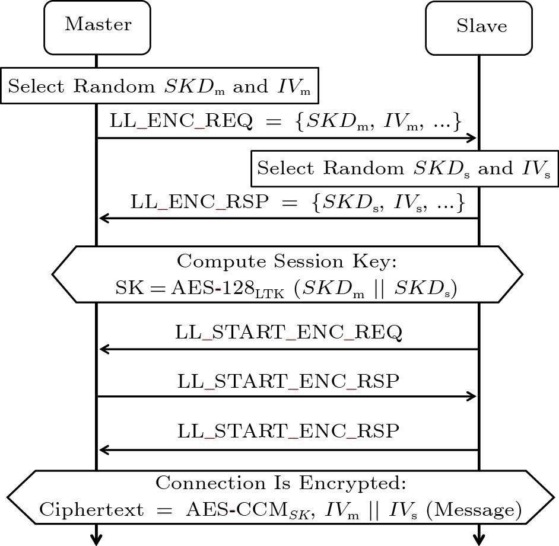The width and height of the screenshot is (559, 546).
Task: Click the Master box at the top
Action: click(97, 26)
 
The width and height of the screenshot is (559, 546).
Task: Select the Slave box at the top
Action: click(479, 27)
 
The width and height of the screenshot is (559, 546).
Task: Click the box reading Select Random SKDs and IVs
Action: click(404, 169)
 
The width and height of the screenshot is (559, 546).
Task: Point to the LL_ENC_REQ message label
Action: click(180, 122)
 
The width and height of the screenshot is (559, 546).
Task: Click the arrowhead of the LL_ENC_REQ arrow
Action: click(473, 138)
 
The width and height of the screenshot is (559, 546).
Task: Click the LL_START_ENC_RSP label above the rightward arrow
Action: click(288, 381)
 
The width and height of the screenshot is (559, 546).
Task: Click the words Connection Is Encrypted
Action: click(281, 484)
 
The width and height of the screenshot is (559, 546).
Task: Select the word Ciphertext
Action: click(91, 510)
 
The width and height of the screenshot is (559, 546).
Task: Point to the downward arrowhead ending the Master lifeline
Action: click(96, 539)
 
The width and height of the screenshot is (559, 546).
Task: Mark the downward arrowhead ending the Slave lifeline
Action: click(479, 539)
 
